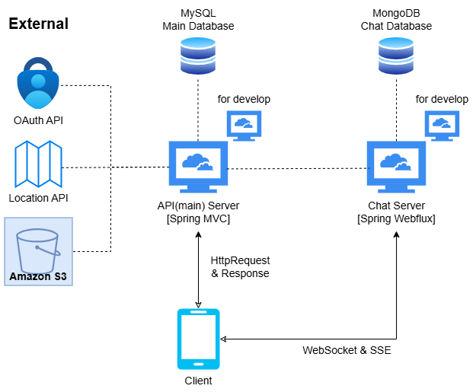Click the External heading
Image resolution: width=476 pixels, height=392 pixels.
[x=38, y=24]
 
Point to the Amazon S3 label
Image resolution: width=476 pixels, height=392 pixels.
[x=38, y=276]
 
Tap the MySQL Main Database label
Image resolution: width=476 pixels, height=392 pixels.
[x=198, y=20]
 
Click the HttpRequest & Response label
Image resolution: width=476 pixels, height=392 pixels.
[x=240, y=267]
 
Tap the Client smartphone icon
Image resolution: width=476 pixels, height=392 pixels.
[x=198, y=338]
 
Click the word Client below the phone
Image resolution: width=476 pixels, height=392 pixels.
[x=198, y=381]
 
